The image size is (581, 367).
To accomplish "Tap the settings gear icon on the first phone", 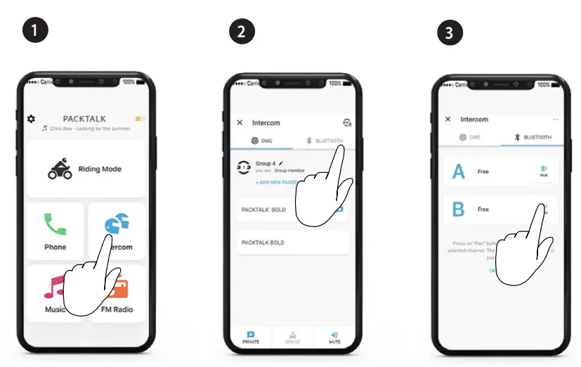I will coord(31,120).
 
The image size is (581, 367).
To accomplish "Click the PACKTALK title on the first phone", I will coord(84,120).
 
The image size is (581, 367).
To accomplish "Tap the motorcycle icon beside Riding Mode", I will coord(60,169).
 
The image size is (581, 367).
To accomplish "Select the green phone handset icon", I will coord(55,224).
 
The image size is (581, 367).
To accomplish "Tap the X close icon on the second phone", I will coord(240,122).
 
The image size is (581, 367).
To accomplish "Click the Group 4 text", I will coord(266,164).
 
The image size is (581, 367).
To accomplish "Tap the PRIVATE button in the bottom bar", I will coord(251,337).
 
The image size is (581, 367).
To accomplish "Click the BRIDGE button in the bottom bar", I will coord(293,337).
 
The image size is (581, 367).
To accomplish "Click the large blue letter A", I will coord(459,172).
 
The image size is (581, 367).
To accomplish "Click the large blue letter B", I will coord(459,210).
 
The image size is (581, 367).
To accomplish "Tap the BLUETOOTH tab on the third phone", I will coord(533,138).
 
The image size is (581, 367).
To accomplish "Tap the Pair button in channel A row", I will coord(543,172).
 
